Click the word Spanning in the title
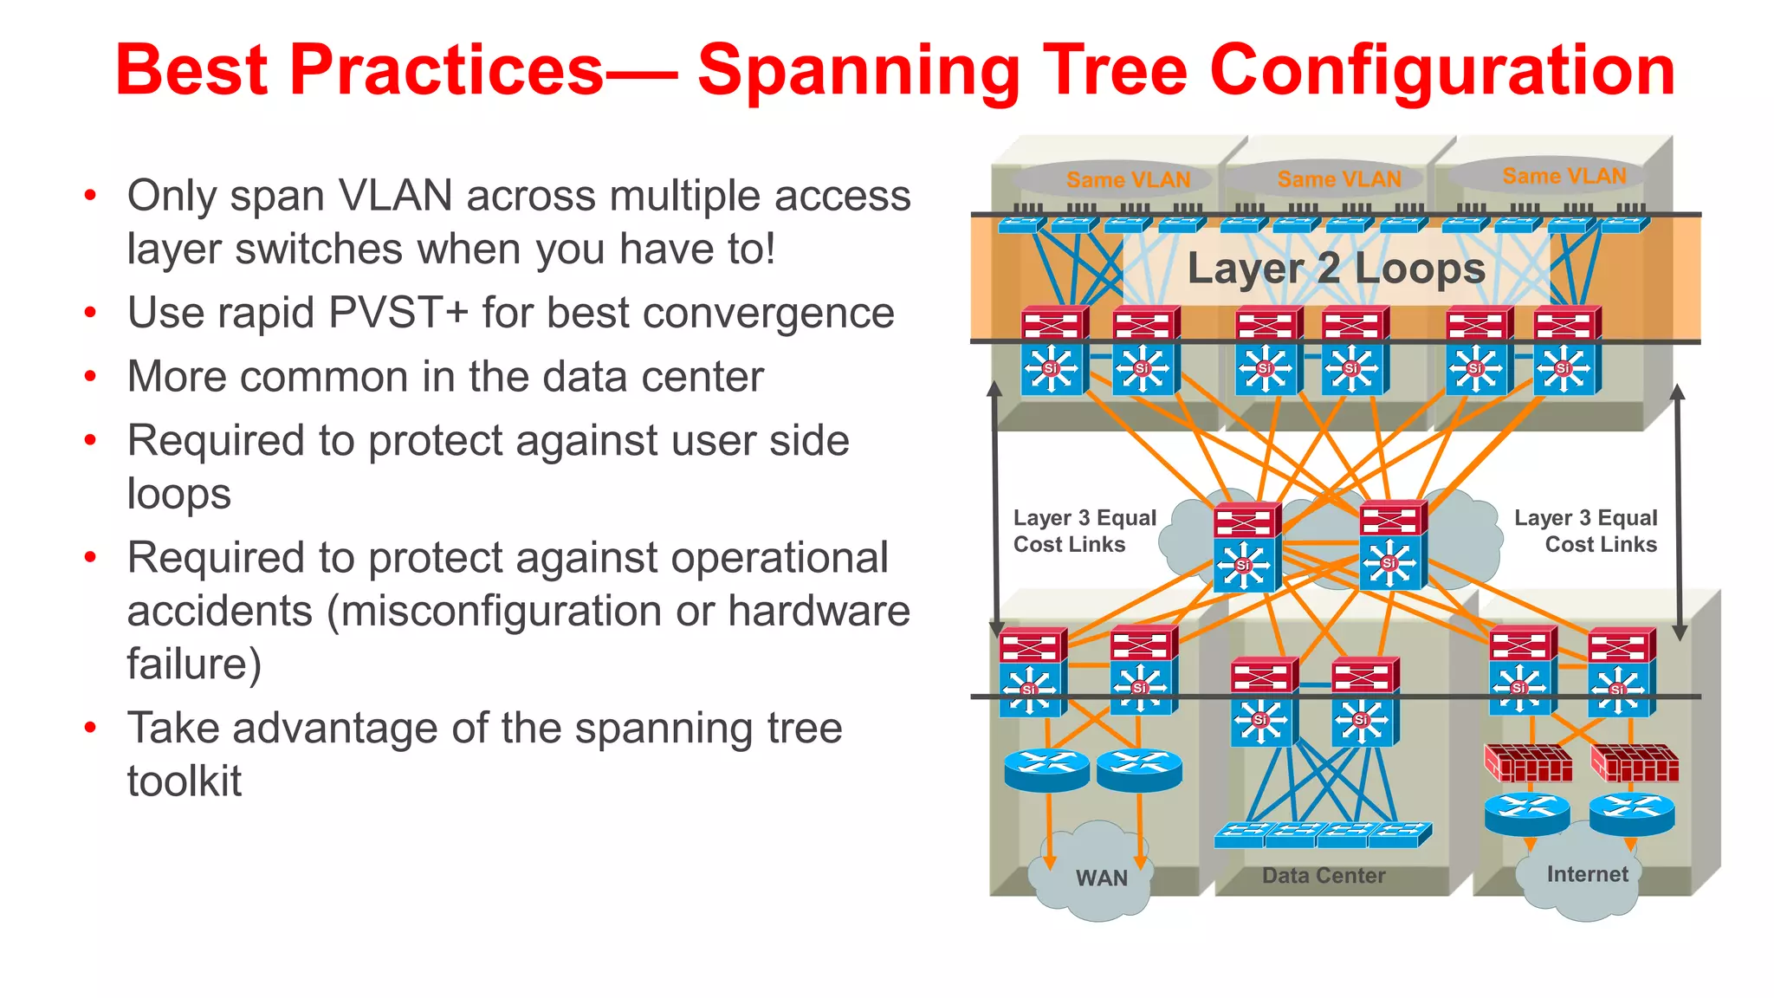858,71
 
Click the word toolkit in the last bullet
184,781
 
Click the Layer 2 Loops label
1336,269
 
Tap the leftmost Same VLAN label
1128,180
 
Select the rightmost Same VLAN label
1564,176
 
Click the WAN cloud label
1101,878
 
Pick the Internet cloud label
1587,874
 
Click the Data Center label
1323,876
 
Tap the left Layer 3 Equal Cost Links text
1084,531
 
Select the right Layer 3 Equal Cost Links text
1585,531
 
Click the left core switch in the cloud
1246,548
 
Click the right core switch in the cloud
1391,546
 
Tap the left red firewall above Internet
1528,763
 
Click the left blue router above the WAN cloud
1046,769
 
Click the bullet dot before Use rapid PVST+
90,313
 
